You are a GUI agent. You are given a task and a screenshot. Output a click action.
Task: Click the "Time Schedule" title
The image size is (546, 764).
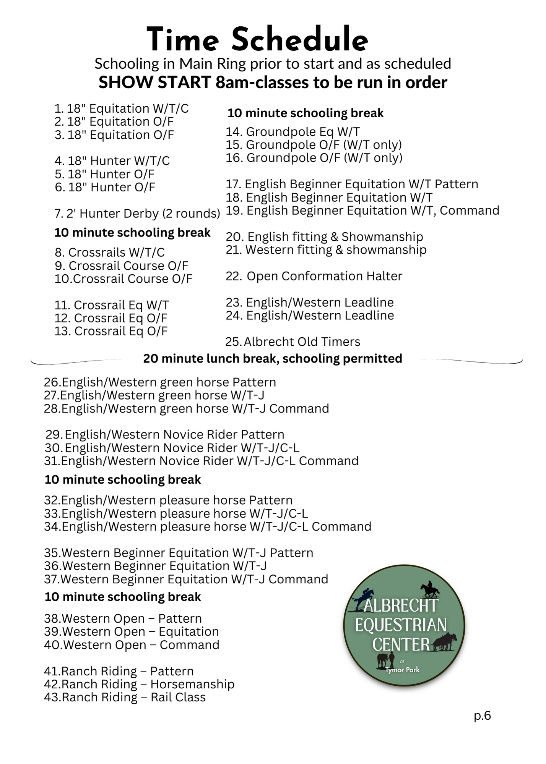(x=257, y=40)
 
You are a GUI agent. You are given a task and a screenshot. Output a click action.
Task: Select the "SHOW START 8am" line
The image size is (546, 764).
(x=273, y=83)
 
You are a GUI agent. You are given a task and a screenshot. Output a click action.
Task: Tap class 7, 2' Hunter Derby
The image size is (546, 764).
(x=137, y=214)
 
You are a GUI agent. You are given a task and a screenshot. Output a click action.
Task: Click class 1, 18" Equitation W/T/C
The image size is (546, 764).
(x=122, y=108)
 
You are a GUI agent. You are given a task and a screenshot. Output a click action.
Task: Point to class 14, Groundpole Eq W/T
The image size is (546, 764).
(x=292, y=132)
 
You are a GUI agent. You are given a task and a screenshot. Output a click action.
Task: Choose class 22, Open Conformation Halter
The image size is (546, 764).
(x=314, y=276)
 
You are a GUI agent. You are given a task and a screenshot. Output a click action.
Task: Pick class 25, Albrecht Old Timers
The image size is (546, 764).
(x=292, y=342)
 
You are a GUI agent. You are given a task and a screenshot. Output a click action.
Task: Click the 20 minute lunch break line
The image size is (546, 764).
(x=273, y=359)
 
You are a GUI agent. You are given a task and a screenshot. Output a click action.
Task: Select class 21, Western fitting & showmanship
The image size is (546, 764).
(x=326, y=250)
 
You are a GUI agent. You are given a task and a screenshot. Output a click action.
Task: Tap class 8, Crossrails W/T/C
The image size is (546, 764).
(x=110, y=253)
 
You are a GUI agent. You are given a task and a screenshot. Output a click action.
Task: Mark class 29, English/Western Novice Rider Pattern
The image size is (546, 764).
(x=165, y=435)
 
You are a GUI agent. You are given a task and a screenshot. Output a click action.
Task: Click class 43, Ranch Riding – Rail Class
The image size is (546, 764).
(x=125, y=697)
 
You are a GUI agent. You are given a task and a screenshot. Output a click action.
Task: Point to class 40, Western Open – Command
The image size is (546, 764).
(x=132, y=645)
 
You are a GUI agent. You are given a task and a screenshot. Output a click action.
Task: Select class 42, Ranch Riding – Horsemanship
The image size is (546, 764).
(x=139, y=684)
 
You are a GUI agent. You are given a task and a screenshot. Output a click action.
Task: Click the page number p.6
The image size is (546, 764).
(x=482, y=715)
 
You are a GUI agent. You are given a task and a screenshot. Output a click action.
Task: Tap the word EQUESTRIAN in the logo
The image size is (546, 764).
(x=401, y=625)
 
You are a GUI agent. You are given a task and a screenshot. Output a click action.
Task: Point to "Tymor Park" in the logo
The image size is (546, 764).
(x=402, y=670)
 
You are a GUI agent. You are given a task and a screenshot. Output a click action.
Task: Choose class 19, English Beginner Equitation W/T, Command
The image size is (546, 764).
(x=362, y=210)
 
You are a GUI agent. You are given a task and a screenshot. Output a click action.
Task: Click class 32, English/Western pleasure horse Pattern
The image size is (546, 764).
(x=168, y=500)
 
